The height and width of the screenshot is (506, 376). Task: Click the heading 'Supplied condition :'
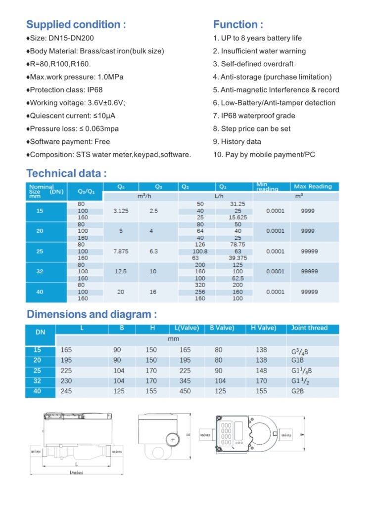coord(76,25)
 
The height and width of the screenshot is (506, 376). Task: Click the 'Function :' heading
coord(238,25)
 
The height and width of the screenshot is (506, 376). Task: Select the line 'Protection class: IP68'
coord(70,90)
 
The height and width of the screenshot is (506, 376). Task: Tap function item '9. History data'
coord(237,142)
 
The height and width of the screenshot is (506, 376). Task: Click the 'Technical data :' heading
coord(66,173)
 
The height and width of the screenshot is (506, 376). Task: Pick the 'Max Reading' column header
coord(313,187)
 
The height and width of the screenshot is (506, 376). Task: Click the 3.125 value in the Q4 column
coord(121,211)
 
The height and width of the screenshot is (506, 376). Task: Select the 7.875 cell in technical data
coord(121,252)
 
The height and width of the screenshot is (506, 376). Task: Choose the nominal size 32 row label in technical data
coord(40,271)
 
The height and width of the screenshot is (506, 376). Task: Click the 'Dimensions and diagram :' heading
coord(92,315)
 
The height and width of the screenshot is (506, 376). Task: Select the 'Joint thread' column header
coord(309,328)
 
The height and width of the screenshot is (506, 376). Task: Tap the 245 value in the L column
coord(66,391)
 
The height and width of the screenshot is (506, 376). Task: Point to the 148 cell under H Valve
coord(261,371)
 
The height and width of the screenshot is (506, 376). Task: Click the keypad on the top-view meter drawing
coord(226,434)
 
